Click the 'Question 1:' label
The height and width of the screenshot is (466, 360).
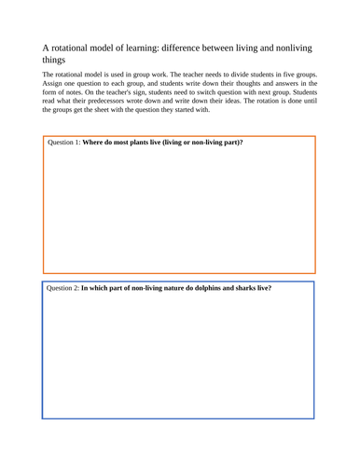70,144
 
